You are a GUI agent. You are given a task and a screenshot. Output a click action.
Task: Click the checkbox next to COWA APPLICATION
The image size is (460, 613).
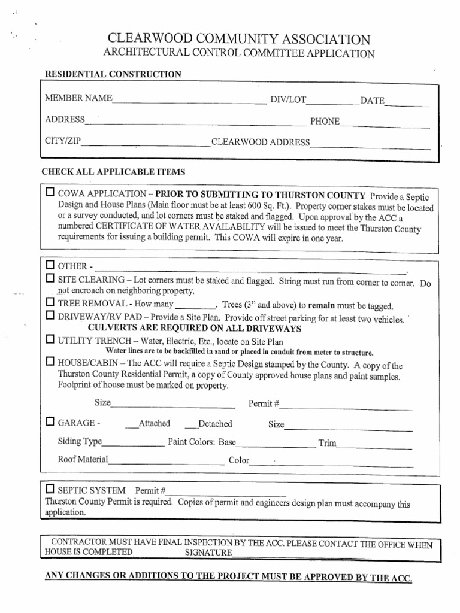(50, 194)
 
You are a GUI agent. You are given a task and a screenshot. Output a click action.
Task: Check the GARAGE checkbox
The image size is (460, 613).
(50, 423)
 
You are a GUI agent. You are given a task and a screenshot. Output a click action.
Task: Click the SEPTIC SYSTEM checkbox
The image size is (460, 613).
(50, 488)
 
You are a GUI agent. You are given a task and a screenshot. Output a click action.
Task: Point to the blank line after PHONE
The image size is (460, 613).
(385, 124)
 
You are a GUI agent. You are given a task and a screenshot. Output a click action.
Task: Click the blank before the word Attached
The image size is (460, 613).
(132, 426)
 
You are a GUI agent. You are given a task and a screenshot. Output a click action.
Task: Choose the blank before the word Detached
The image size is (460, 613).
(191, 426)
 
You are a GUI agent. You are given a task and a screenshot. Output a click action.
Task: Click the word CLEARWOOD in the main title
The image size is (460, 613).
(146, 40)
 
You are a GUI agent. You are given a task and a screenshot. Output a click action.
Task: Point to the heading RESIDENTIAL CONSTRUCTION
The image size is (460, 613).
(113, 74)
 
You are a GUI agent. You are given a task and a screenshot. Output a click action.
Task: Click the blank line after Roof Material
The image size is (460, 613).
(165, 462)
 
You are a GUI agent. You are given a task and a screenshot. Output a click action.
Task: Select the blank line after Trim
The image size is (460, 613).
(374, 445)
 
